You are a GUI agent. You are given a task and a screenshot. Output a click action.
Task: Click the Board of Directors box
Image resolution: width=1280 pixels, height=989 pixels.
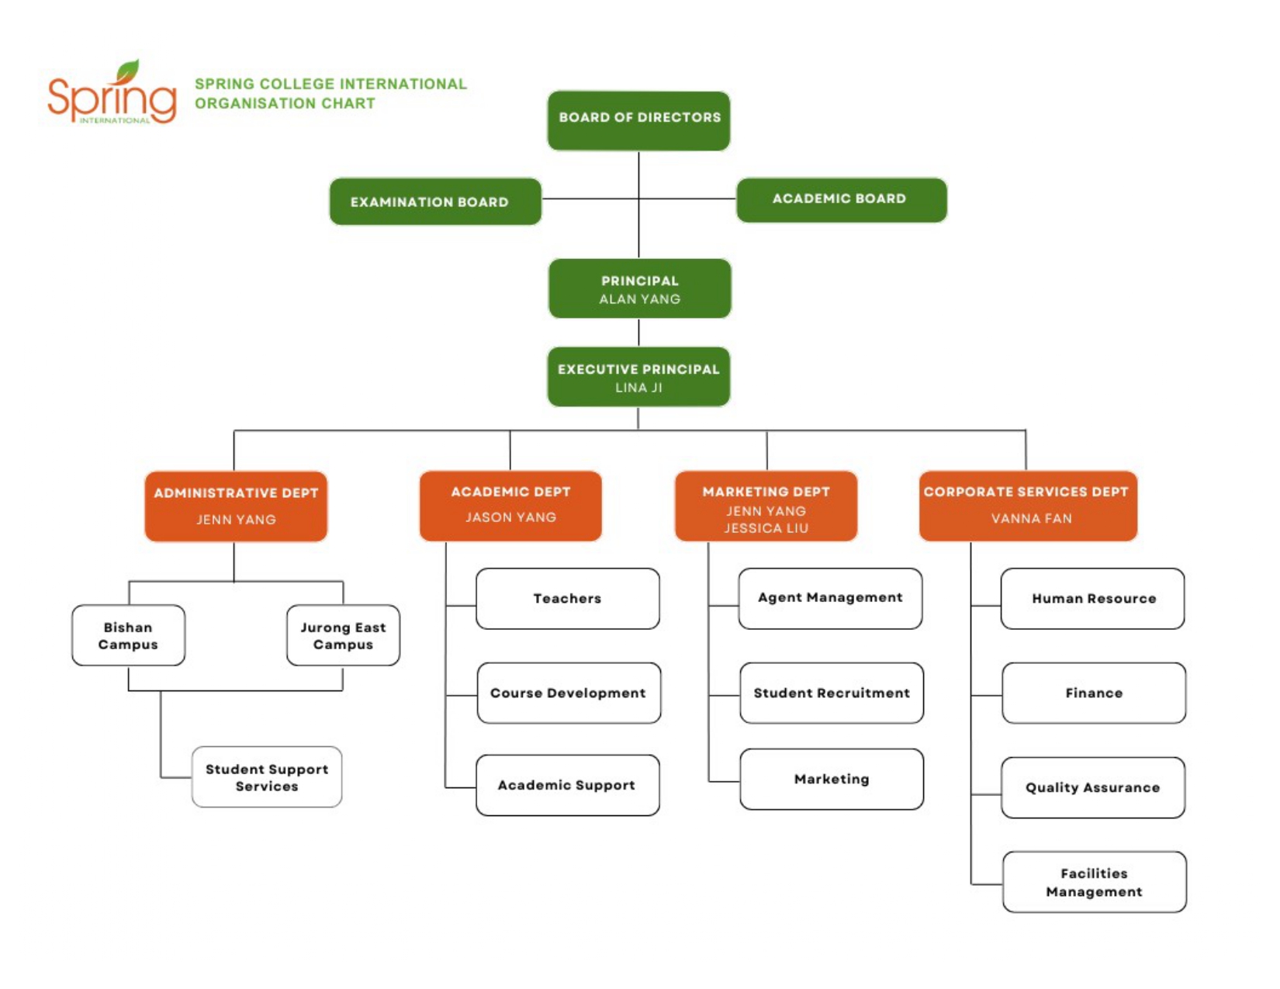638,121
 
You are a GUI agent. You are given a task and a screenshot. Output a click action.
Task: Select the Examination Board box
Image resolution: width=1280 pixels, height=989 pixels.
435,202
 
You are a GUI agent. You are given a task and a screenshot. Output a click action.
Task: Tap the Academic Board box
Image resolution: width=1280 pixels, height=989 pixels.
842,199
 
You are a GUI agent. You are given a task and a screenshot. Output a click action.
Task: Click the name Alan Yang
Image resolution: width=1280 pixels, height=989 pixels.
640,299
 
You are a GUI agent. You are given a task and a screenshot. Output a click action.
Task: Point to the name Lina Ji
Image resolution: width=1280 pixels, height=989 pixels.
639,388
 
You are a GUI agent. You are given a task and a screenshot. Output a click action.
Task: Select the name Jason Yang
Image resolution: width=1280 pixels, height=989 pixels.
510,517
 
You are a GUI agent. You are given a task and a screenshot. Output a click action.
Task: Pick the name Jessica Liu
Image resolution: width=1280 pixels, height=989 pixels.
766,528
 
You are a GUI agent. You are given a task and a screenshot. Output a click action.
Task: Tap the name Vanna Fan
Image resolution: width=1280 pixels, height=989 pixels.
1032,518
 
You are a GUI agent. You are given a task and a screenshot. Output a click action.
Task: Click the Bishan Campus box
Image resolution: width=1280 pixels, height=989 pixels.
129,635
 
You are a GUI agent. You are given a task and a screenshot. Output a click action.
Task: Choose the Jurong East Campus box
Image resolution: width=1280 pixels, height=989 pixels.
344,635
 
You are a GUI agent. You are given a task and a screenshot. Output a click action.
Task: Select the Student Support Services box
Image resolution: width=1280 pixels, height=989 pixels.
267,777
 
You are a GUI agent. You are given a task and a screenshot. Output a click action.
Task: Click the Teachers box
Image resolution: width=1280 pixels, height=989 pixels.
568,599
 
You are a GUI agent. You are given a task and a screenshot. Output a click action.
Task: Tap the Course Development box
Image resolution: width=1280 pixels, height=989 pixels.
569,693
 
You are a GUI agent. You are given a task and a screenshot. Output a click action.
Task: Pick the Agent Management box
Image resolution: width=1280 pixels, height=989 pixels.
831,599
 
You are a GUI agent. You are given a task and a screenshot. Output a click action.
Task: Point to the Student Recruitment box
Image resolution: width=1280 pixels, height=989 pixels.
832,693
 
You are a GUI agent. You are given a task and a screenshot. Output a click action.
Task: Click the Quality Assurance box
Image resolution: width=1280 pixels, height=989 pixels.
1093,787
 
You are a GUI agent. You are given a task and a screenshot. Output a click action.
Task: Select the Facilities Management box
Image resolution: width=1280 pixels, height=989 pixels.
1095,882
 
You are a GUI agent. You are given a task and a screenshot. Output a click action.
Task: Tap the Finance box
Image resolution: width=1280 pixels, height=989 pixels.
1094,693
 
